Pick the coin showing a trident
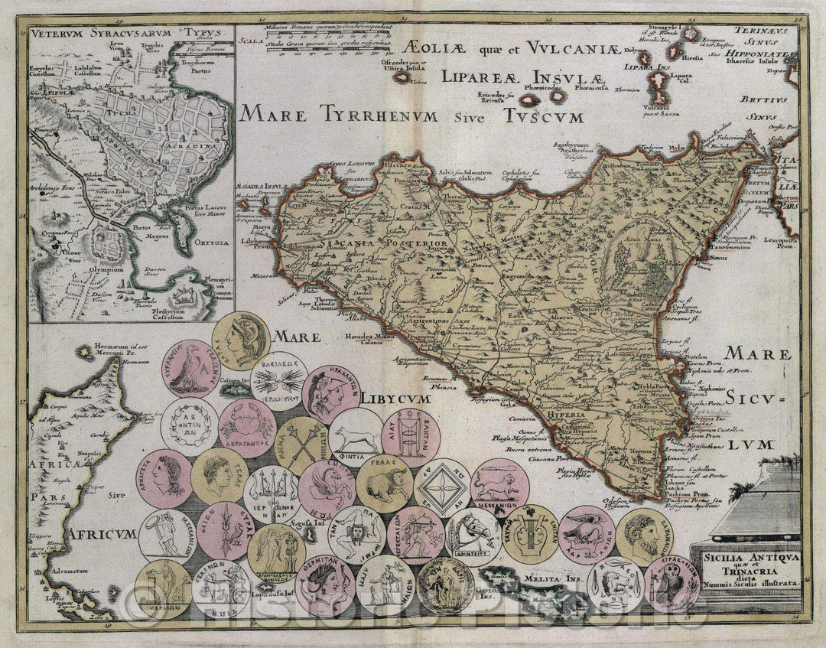click(x=272, y=490)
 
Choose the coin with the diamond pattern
click(x=441, y=488)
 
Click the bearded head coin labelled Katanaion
click(x=644, y=536)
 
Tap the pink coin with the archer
click(x=415, y=535)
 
